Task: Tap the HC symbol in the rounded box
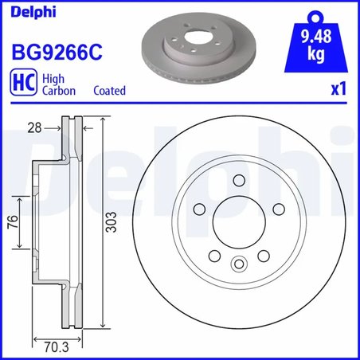coord(22,84)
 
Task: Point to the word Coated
coord(109,91)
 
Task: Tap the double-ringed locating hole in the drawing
coord(238,265)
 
